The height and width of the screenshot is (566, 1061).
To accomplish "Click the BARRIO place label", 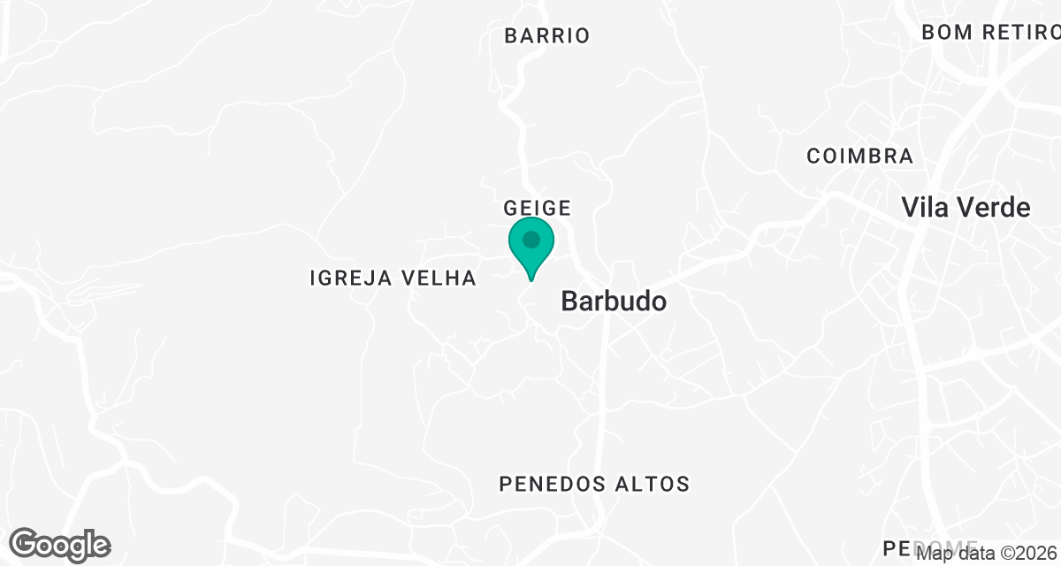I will (546, 36).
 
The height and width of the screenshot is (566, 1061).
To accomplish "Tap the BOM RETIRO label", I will (990, 33).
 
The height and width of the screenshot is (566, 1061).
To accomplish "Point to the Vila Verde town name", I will (966, 208).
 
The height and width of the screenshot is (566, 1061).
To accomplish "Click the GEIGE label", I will (537, 208).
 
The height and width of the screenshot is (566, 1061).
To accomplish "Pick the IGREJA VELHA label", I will (393, 279).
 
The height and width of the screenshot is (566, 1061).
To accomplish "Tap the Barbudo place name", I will (614, 302).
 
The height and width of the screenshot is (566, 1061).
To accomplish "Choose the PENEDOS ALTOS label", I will (594, 485).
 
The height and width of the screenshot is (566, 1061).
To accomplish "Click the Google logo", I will (60, 545).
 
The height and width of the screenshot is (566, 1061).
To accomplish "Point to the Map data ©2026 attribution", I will (987, 554).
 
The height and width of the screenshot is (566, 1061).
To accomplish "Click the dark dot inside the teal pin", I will (531, 240).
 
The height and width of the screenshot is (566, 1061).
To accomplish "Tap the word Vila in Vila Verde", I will (920, 208).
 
